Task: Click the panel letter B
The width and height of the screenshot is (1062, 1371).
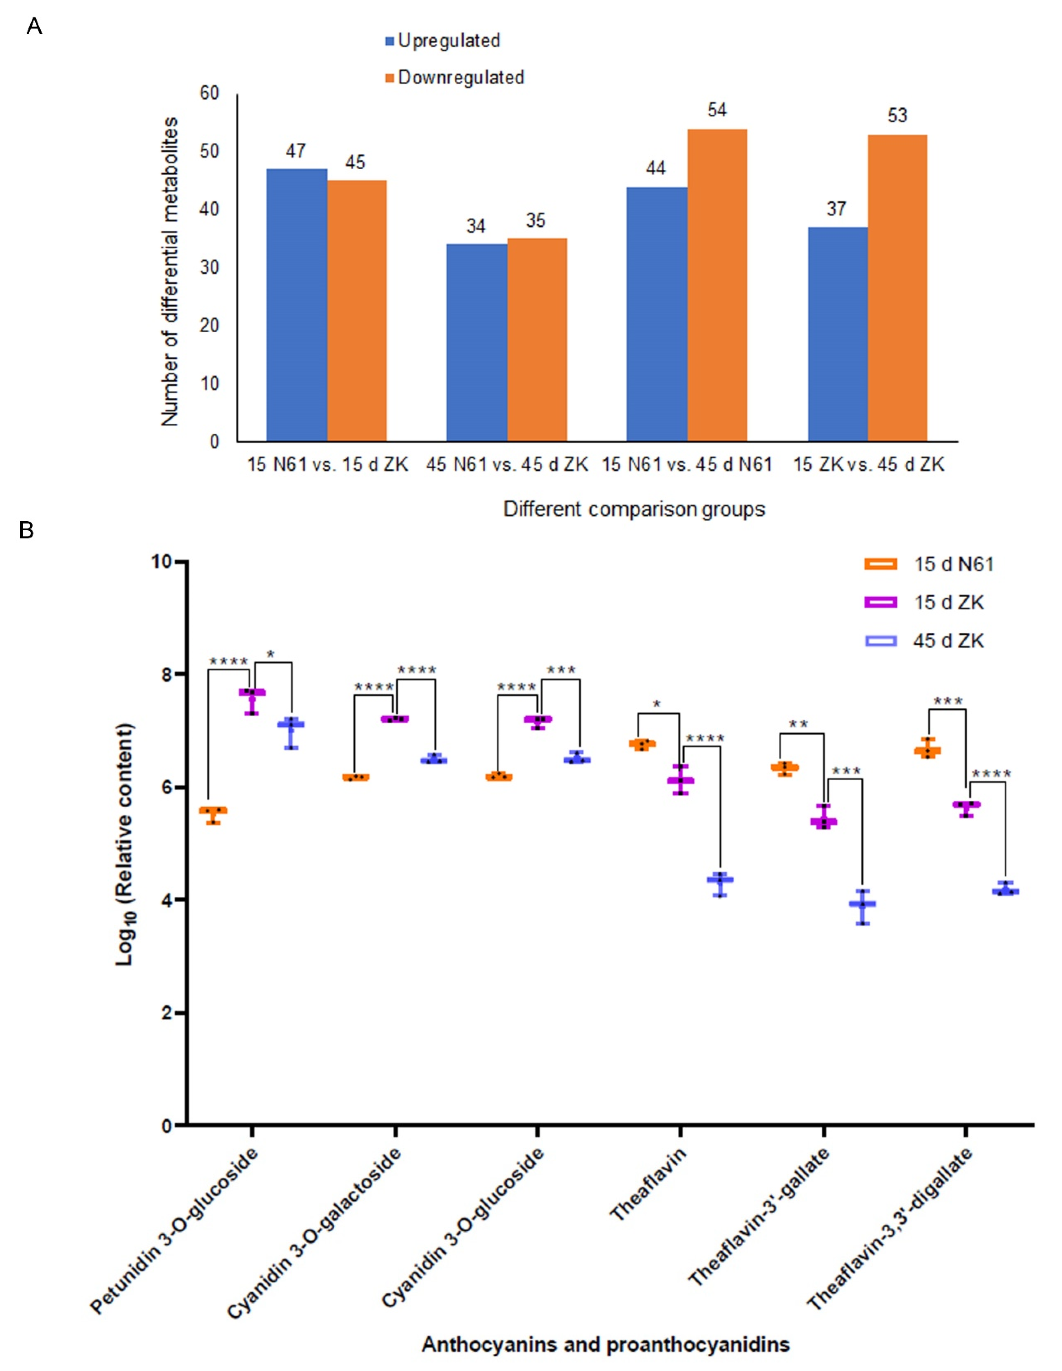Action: click(x=26, y=530)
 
